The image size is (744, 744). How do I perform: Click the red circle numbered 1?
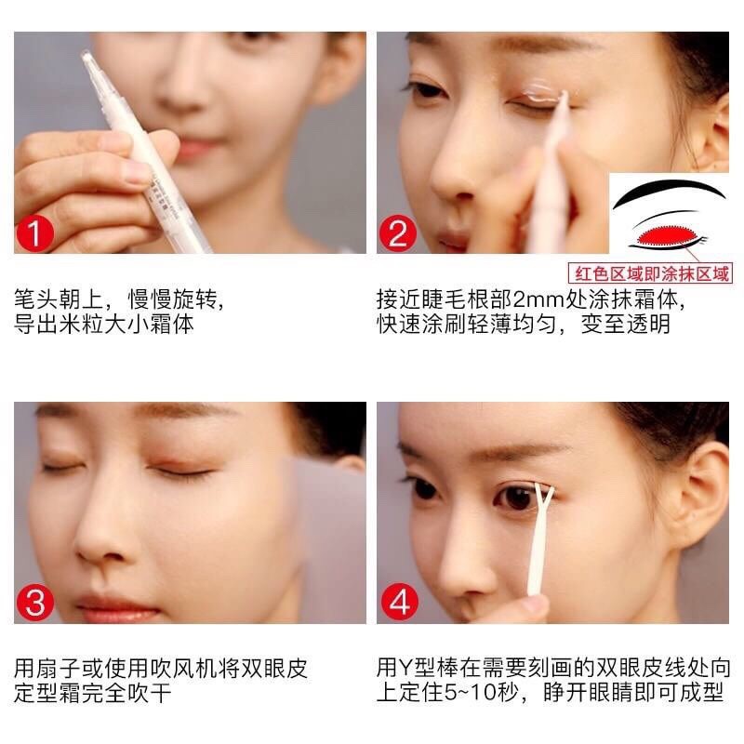tap(35, 233)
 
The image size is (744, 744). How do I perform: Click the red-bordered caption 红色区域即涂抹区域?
tap(650, 273)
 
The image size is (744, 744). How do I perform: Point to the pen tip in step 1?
tap(87, 59)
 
